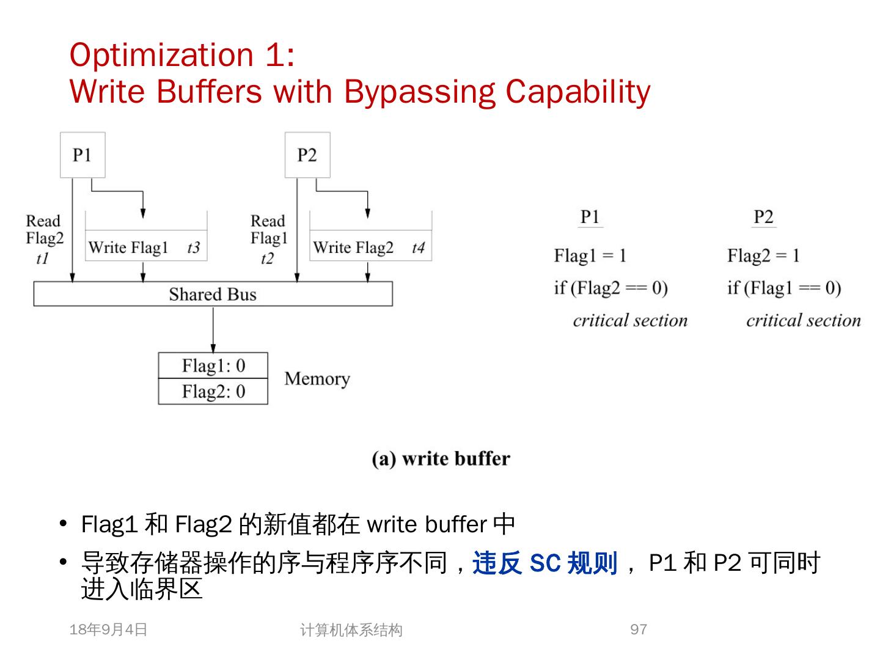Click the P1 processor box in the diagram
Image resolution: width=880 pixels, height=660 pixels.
point(82,155)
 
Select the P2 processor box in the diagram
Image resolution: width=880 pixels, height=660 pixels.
point(307,155)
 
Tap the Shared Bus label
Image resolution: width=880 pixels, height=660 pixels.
point(213,295)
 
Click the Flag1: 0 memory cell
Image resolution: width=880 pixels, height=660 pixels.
point(213,365)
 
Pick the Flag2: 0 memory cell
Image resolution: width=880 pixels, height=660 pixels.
point(213,391)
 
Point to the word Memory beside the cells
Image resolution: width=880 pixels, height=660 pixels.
point(317,379)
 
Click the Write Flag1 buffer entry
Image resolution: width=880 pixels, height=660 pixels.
point(128,248)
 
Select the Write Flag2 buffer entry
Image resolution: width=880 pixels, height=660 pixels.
point(353,248)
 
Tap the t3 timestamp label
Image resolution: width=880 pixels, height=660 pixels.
point(193,248)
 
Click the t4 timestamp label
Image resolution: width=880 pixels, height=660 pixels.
point(418,248)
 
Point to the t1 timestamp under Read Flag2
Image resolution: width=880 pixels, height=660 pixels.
point(42,258)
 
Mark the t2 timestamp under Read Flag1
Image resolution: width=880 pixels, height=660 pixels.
point(267,258)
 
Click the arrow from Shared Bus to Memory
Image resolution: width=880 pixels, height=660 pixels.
point(213,329)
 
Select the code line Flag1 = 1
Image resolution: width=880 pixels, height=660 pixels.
point(590,255)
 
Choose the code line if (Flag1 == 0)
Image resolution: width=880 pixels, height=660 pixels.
point(784,288)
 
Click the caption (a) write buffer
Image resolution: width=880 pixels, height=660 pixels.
point(441,458)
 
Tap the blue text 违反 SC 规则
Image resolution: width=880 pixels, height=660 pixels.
point(544,563)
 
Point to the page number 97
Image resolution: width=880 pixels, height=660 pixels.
point(639,629)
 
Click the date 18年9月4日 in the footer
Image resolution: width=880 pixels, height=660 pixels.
point(109,629)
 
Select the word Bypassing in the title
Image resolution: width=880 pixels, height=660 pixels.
point(419,92)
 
